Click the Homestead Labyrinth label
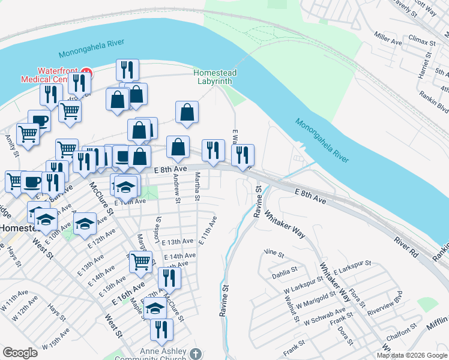click(x=215, y=77)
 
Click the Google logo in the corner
click(x=20, y=353)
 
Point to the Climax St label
click(x=422, y=43)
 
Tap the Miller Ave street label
click(x=388, y=39)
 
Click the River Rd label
click(x=406, y=244)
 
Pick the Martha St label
click(x=197, y=187)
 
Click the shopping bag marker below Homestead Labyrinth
click(x=187, y=112)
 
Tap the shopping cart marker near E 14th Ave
click(x=140, y=261)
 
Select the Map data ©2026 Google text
click(x=412, y=355)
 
